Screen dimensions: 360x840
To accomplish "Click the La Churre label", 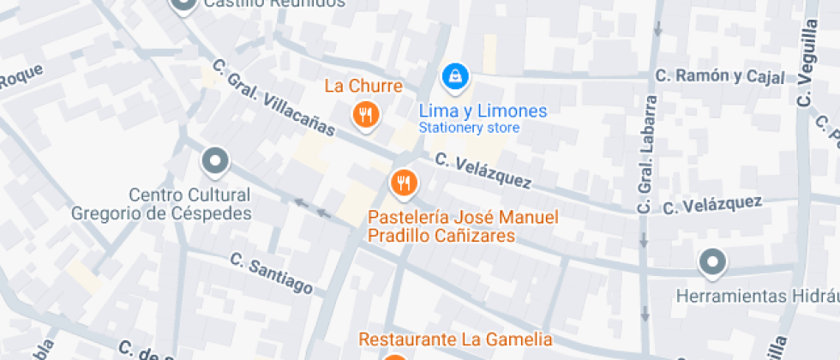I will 363,87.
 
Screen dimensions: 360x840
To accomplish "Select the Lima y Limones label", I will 483,111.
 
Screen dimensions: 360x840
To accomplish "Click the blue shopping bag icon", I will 454,77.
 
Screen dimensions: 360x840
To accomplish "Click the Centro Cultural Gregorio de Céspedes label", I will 162,204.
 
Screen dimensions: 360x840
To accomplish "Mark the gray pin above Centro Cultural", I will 214,160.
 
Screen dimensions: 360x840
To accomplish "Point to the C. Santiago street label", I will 271,273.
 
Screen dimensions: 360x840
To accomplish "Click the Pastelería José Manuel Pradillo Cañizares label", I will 463,226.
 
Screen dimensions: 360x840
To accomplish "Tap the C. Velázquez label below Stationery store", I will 483,171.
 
